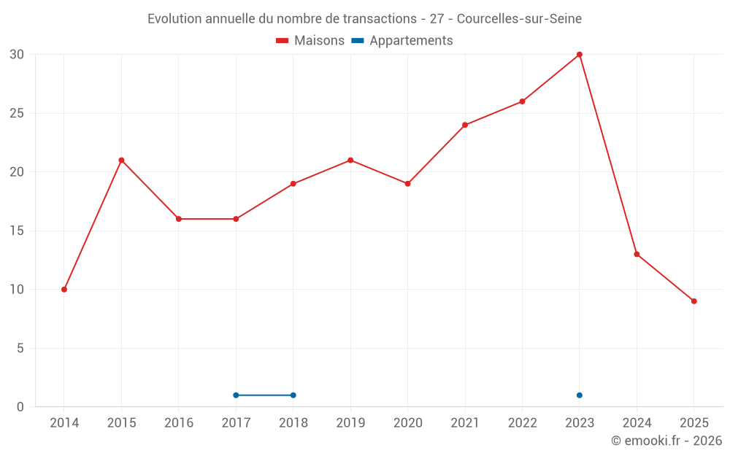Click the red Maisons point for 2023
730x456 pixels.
coord(579,55)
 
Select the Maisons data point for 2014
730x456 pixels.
coord(64,290)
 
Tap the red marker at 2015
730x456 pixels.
coord(121,161)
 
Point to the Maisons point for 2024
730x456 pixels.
coord(637,254)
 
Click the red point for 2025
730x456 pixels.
coord(693,301)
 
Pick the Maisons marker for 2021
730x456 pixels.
coord(465,125)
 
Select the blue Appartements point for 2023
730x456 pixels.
coord(579,395)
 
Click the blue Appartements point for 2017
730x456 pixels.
coord(236,395)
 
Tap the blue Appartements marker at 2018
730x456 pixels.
coord(293,395)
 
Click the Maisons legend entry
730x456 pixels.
coord(310,41)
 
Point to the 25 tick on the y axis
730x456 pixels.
coord(17,114)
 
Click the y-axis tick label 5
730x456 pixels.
coord(20,349)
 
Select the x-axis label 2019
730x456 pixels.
coord(350,422)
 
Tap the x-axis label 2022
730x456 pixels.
coord(522,422)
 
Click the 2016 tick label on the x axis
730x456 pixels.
coord(179,422)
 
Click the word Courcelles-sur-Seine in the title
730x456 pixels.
coord(519,19)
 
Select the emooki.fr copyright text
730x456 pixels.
coord(666,441)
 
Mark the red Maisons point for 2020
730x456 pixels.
coord(407,184)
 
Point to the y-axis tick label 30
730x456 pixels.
coord(17,55)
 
